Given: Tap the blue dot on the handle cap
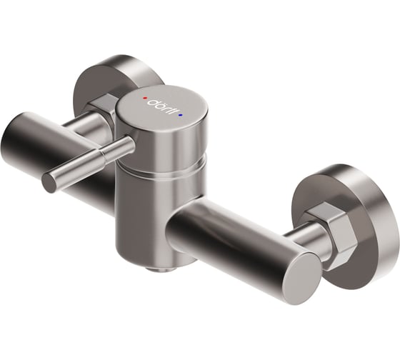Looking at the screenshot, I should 181,113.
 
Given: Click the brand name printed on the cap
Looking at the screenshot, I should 163,105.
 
